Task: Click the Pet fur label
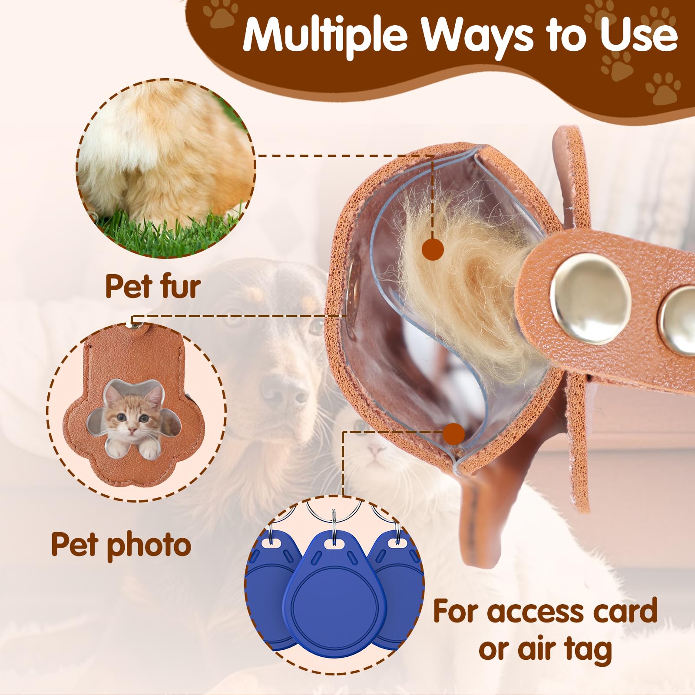point(153,286)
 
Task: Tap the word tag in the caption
point(588,650)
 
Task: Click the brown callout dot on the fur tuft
point(433,249)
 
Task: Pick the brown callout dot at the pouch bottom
point(454,434)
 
